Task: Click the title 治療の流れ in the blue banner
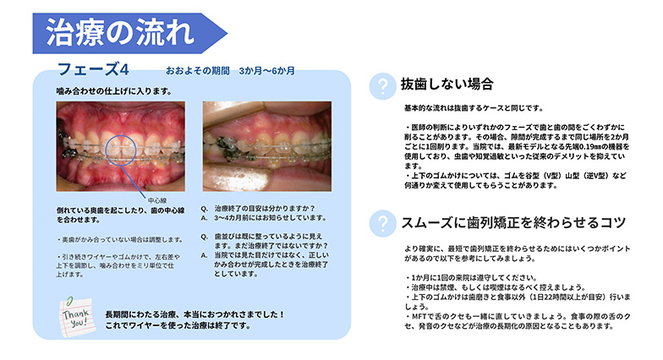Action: [x=120, y=32]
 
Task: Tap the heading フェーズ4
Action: [x=93, y=69]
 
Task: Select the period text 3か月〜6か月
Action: [x=267, y=71]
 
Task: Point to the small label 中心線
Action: [x=157, y=200]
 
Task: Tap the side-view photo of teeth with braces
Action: [x=267, y=146]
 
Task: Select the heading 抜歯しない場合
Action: [x=447, y=85]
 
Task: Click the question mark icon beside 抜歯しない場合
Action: [x=382, y=86]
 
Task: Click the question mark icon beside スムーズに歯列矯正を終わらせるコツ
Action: [x=382, y=223]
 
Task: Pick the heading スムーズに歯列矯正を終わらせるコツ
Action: [x=513, y=223]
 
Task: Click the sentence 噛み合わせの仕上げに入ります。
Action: [x=114, y=91]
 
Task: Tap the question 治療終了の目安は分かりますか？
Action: [x=265, y=208]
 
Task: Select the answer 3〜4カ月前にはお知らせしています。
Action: [x=271, y=218]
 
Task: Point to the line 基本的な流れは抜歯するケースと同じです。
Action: [x=474, y=108]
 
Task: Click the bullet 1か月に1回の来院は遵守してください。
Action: [x=471, y=277]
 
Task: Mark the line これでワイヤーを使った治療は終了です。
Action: [x=178, y=326]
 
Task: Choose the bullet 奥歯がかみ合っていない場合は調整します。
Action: [x=120, y=240]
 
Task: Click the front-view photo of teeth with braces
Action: [x=120, y=146]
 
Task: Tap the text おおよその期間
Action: [x=198, y=71]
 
